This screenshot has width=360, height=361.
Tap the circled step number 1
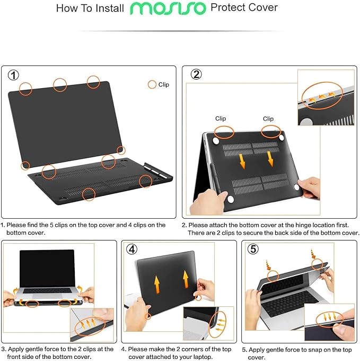14,75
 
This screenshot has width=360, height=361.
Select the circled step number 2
196,74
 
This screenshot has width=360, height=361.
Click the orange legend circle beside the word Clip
152,84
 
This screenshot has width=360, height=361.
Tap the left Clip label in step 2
221,119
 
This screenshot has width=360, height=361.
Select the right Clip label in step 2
268,119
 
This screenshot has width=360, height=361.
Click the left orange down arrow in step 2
242,160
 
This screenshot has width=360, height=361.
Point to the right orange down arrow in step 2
271,158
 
